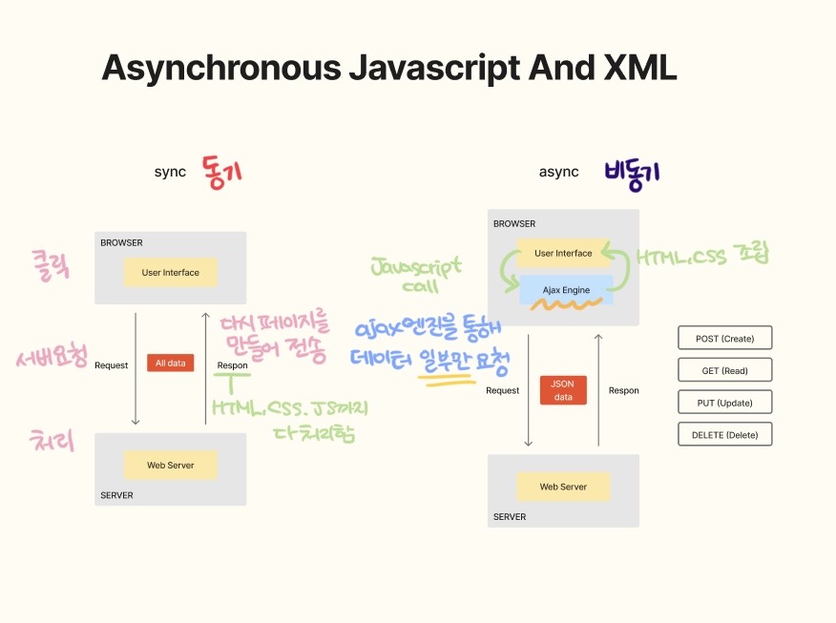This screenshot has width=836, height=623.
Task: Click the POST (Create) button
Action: tap(724, 338)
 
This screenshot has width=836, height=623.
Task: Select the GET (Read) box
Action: tap(724, 370)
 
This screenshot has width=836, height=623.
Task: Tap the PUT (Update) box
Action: tap(724, 403)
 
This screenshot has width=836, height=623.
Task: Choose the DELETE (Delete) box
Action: tap(724, 435)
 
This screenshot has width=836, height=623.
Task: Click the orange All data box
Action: tap(170, 363)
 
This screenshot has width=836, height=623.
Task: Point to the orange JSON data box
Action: tap(563, 390)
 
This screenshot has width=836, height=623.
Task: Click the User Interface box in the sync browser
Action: tap(171, 272)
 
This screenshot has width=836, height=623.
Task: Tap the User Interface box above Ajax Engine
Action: tap(563, 253)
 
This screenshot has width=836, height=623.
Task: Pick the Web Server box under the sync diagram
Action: tap(171, 465)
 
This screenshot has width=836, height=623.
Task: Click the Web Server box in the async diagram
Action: tap(563, 487)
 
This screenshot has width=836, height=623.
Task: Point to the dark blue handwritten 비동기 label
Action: tap(632, 174)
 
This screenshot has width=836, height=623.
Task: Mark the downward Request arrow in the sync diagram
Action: tap(136, 368)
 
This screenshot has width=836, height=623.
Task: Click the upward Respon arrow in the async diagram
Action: tap(598, 389)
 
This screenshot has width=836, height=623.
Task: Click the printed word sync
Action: tap(170, 172)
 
